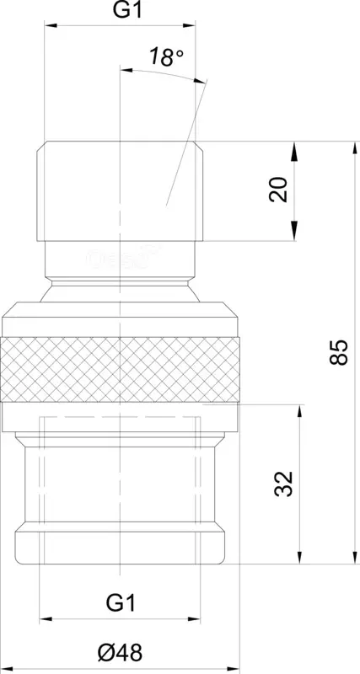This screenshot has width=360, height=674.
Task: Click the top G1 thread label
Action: (x=128, y=11)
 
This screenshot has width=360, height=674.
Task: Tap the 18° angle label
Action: (x=167, y=57)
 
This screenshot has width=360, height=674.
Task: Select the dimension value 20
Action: (x=279, y=189)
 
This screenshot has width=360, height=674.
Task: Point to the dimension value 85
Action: (x=339, y=352)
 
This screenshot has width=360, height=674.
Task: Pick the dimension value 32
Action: (x=283, y=484)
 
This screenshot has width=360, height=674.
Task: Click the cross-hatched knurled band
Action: (x=120, y=369)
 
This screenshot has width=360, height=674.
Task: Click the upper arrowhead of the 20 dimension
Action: (x=294, y=152)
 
